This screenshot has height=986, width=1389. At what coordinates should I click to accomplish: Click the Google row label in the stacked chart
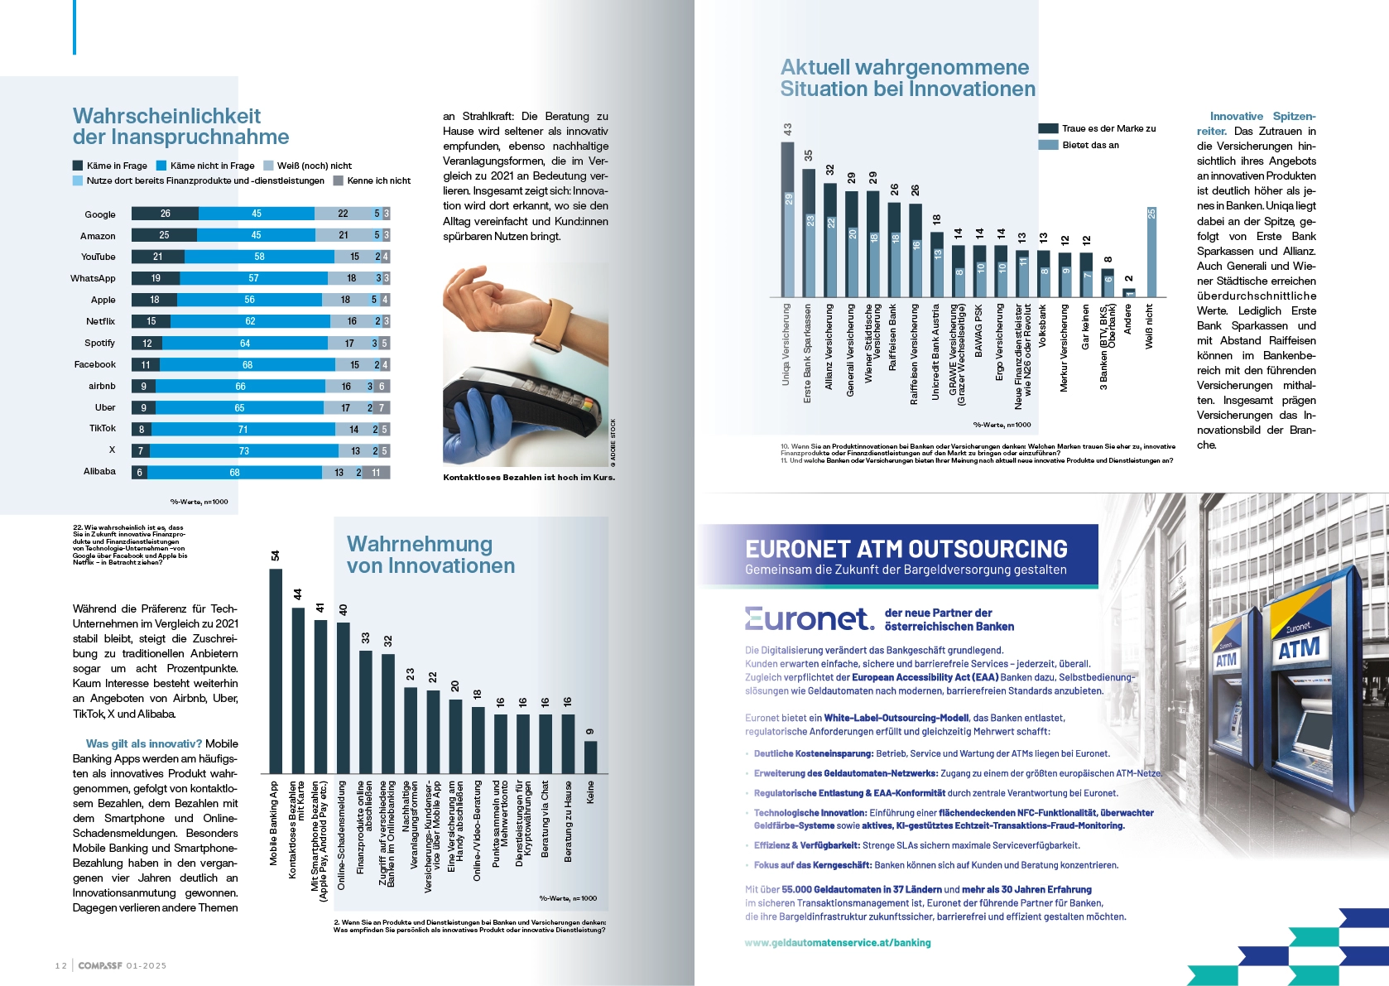pos(99,214)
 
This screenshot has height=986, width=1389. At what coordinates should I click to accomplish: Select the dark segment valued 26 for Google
pos(165,214)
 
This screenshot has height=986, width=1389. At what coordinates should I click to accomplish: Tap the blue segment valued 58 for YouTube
pos(259,257)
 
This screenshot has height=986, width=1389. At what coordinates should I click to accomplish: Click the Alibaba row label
pos(99,471)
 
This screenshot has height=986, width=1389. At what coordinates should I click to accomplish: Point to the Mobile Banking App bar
pos(276,671)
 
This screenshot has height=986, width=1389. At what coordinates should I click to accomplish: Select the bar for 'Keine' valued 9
pos(590,757)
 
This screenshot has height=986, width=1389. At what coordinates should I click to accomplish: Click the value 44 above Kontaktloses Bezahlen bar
pos(298,594)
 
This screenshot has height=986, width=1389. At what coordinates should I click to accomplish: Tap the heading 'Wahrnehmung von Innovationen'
pos(430,555)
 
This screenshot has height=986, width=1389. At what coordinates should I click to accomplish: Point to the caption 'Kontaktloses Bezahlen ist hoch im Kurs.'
pos(529,477)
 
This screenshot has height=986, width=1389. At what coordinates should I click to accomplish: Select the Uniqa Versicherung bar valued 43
pos(787,219)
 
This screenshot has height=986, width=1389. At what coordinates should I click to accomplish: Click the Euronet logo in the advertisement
pos(808,618)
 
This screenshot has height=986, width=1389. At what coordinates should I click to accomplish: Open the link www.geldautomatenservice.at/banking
pos(838,942)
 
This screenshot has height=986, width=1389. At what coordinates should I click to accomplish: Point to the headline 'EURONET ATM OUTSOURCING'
pos(906,549)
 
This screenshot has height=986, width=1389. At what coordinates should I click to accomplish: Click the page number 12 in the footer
pos(60,965)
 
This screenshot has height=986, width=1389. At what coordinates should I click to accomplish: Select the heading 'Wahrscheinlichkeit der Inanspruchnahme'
pos(180,127)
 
